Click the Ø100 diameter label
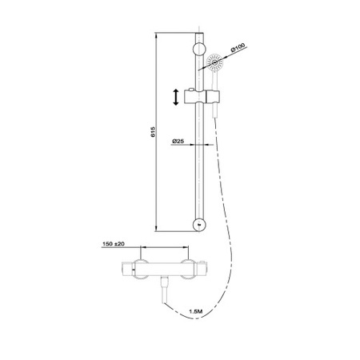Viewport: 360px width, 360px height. (238, 47)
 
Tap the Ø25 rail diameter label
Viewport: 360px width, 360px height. (178, 141)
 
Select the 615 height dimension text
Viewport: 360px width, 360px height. (153, 132)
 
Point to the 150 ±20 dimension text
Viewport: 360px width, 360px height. (114, 244)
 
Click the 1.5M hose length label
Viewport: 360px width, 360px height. (196, 311)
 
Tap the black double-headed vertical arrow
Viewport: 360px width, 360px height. (176, 98)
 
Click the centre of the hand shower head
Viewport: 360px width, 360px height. (214, 62)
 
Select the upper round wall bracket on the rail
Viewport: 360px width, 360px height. (199, 50)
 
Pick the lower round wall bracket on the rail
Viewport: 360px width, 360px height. (199, 225)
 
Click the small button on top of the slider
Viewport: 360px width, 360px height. (190, 89)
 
